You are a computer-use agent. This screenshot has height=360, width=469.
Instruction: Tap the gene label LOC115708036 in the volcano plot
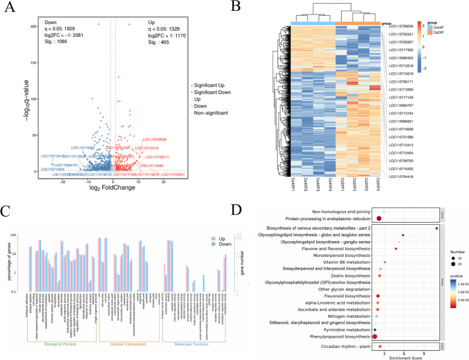pyautogui.click(x=154, y=139)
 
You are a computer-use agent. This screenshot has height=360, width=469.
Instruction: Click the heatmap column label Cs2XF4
pyautogui.click(x=378, y=185)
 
